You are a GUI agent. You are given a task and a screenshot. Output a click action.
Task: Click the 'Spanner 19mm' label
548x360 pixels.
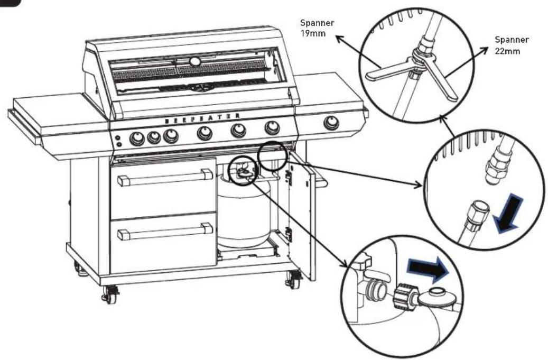317,28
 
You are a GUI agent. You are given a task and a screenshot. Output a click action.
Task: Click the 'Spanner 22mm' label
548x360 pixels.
512,45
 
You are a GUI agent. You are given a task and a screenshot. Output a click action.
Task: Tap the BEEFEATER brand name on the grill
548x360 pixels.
202,118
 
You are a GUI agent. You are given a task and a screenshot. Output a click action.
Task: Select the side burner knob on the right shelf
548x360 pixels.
331,122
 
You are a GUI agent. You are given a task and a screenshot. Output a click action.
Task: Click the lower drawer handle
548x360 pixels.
165,231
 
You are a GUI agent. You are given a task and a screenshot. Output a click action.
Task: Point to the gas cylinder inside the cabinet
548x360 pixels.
244,211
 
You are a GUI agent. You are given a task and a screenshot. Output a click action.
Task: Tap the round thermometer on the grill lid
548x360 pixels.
195,61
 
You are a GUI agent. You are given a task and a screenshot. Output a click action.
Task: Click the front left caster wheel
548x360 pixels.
110,293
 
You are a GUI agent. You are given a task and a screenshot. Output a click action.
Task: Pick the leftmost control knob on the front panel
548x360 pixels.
137,139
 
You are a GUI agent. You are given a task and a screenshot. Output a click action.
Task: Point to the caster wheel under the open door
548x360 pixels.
293,279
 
